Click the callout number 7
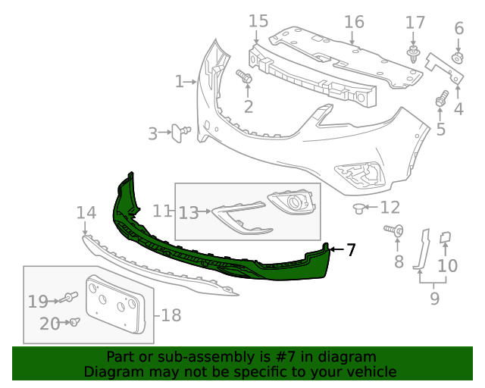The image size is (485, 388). tap(350, 249)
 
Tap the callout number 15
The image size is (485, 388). tap(258, 20)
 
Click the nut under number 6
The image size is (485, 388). tap(458, 58)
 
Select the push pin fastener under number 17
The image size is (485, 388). tap(414, 54)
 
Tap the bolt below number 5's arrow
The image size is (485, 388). tap(440, 99)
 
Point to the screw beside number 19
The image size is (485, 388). tap(69, 297)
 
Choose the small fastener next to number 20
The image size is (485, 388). tap(74, 322)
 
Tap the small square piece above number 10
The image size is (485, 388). tap(446, 238)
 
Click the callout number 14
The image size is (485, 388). tap(86, 213)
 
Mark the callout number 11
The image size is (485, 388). tap(162, 210)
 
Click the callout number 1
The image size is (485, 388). tap(179, 80)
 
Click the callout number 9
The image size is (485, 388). tap(434, 299)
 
